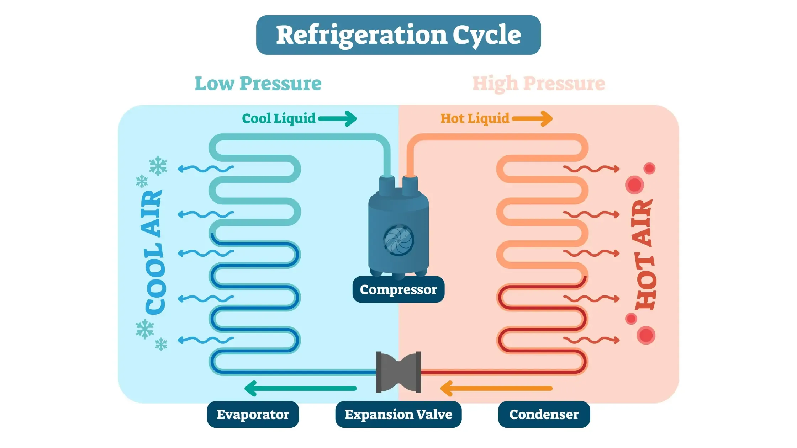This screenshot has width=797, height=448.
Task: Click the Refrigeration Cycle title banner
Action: (398, 35)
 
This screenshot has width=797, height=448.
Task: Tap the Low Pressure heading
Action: (258, 84)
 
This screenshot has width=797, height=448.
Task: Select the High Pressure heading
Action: (538, 84)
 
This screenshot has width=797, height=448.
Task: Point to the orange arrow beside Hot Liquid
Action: (533, 118)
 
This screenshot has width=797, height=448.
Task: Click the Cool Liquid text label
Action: (279, 118)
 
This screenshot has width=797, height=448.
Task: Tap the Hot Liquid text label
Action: (475, 118)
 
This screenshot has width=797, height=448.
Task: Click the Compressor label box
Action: (398, 289)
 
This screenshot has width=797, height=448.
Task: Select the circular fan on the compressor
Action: (398, 240)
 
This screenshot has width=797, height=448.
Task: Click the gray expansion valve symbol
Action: (398, 372)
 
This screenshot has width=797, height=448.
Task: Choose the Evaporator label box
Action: (253, 415)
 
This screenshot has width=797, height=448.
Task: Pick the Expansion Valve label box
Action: (398, 415)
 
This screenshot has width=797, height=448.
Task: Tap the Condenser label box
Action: (544, 415)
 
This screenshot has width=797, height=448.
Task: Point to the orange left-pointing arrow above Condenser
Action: (496, 388)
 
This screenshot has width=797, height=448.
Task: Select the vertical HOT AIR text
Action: (644, 255)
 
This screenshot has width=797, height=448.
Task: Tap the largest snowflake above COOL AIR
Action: (158, 166)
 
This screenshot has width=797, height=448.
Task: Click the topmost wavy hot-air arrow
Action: (591, 169)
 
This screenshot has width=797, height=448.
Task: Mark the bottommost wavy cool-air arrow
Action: (205, 340)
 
